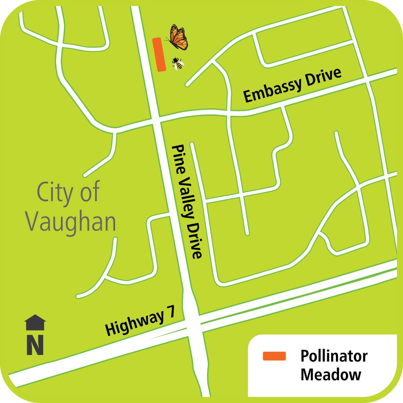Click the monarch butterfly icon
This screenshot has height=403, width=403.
point(177,36)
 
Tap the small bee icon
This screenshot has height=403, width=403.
point(178,63)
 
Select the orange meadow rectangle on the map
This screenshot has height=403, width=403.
point(159,54)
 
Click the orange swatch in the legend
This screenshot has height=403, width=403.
point(274,356)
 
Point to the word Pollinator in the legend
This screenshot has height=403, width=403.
point(334,356)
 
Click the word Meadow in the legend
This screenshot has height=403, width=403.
point(330,374)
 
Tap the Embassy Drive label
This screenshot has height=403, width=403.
point(292,85)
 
